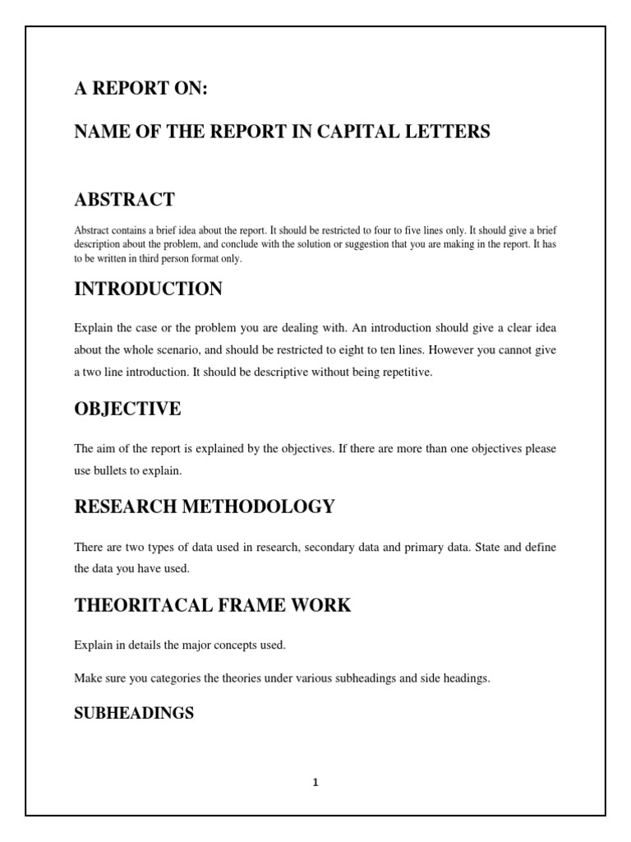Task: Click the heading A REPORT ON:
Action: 140,90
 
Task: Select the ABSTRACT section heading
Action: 124,199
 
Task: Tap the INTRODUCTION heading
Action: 148,289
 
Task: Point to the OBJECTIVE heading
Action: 127,409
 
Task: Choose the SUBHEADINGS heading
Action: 134,713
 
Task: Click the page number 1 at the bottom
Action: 315,783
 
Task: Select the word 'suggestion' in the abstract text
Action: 374,245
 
